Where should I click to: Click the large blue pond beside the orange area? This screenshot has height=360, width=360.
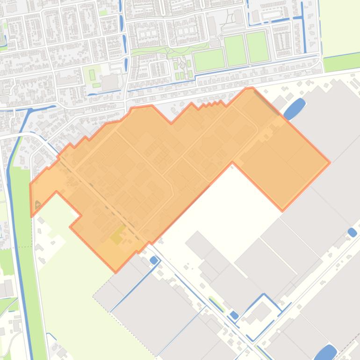coord(294,109)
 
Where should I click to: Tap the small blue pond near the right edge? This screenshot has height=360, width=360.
coord(352,232)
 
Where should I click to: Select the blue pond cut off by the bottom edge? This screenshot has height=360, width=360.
coord(326,353)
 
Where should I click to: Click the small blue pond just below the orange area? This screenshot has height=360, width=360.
coord(153,260)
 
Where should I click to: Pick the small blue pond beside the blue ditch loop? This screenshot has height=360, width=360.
coord(234,315)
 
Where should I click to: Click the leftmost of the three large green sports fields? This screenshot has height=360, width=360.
coord(209,60)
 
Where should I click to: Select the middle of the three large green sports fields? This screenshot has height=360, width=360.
coord(235,50)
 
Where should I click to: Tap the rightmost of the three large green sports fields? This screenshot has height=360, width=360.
coord(257,47)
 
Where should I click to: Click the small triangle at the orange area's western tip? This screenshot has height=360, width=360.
coord(37,204)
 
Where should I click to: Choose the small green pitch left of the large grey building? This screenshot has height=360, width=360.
coord(92,74)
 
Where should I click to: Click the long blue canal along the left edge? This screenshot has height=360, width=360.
coord(16,234)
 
